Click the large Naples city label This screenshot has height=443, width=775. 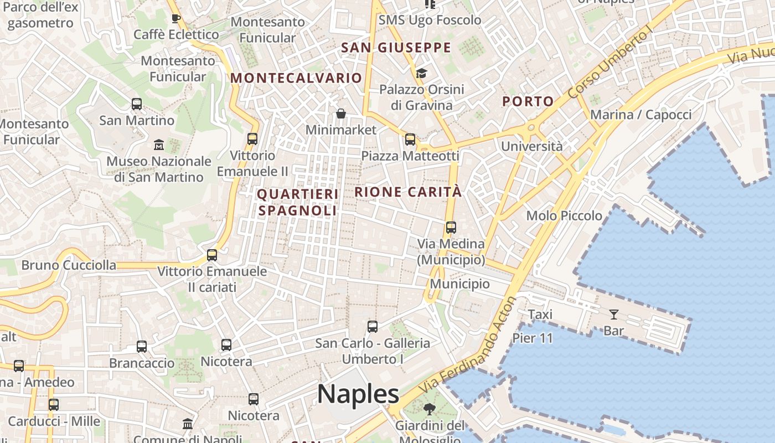click(358, 394)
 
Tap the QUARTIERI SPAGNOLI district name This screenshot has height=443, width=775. click(298, 202)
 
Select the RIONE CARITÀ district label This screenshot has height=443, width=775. click(407, 192)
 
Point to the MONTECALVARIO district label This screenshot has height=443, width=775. click(296, 78)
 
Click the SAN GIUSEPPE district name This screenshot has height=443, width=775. click(396, 48)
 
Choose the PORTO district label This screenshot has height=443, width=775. click(528, 101)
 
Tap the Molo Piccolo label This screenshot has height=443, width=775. click(564, 215)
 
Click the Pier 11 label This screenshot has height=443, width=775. click(533, 338)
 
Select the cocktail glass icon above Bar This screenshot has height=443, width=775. click(613, 315)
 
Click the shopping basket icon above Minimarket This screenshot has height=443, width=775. click(341, 114)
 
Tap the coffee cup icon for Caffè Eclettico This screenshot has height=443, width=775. click(176, 18)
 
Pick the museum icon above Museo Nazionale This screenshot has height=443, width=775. click(159, 145)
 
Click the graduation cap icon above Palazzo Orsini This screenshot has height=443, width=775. click(421, 73)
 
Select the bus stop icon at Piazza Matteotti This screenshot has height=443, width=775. click(410, 140)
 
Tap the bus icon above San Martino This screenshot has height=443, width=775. click(136, 104)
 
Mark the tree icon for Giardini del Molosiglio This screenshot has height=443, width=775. click(429, 409)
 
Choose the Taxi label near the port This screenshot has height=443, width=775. click(540, 315)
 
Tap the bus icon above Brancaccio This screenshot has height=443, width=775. click(142, 347)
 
